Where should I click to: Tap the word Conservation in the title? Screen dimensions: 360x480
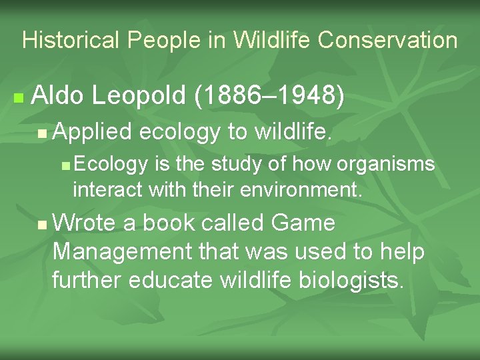click(x=388, y=41)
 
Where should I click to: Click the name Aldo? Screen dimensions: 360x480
click(x=58, y=97)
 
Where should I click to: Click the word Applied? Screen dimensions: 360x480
click(x=92, y=133)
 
